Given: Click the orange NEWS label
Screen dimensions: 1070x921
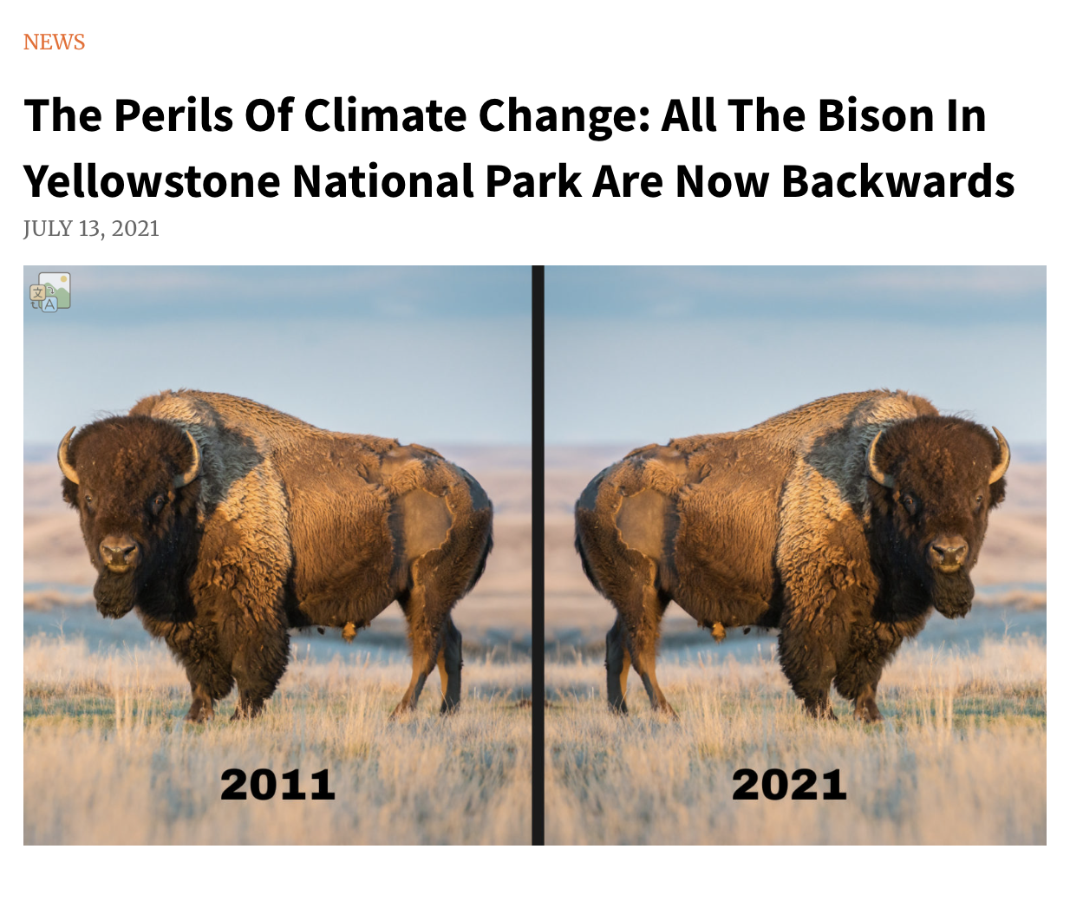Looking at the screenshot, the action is (x=54, y=42).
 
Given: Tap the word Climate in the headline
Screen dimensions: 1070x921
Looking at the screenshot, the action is (x=386, y=115).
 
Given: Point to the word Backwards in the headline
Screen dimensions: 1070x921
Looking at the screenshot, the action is (x=897, y=181).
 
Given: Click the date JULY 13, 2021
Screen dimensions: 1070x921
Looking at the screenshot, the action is (x=91, y=228).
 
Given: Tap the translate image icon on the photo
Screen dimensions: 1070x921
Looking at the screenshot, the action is (x=49, y=292).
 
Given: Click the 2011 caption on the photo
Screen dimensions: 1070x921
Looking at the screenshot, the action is (x=277, y=784).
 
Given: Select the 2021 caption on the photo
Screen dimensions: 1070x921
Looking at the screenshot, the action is (x=789, y=784).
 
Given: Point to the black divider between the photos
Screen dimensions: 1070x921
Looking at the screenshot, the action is (x=538, y=555).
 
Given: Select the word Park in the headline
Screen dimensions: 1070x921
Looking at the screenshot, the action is (x=532, y=181).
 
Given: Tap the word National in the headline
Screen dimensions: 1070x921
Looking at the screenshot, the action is (x=383, y=181).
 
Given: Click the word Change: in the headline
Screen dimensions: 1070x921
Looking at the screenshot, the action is (x=564, y=115).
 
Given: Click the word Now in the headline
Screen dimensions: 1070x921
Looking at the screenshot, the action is (x=722, y=181).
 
